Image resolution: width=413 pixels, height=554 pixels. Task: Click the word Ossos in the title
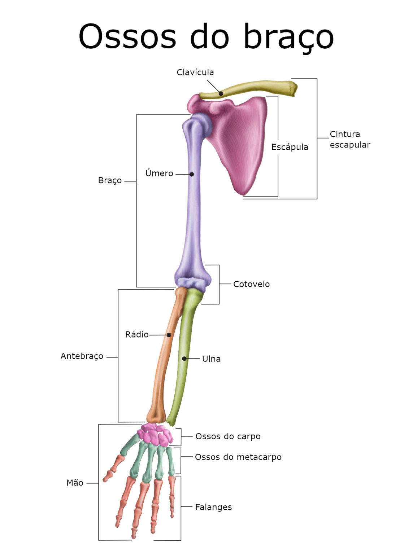(127, 36)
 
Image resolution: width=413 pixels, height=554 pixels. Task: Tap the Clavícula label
(195, 72)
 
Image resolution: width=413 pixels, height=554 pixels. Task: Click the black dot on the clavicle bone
(221, 94)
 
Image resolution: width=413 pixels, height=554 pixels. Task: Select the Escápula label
(290, 147)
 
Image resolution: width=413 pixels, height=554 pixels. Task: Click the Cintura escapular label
(350, 139)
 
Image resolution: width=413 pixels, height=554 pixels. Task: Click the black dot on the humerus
(191, 174)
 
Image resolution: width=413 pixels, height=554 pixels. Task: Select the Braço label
(110, 181)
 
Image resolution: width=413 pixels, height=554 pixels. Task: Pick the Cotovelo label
(252, 284)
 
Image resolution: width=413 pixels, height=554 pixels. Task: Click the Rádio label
(137, 334)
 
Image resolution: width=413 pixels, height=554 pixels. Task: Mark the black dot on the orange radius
(169, 335)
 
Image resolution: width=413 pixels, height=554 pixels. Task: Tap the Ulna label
(211, 359)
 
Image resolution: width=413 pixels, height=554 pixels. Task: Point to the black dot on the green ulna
(184, 359)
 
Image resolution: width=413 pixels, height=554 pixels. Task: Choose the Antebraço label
(82, 356)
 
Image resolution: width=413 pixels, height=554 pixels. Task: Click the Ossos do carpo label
(228, 436)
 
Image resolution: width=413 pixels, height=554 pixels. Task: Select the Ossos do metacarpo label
(238, 457)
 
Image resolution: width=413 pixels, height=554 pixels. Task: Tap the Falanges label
(213, 507)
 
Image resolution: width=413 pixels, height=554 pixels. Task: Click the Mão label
(75, 483)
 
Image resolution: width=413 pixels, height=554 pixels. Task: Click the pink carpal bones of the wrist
(155, 435)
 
